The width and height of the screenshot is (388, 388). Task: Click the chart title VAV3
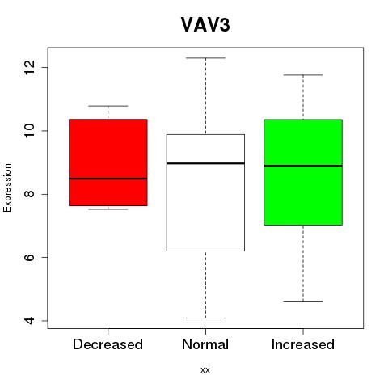click(205, 25)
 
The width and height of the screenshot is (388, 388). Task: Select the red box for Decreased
click(108, 162)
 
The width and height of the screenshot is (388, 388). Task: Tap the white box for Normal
click(205, 192)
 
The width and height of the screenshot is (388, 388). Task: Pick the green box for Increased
click(303, 172)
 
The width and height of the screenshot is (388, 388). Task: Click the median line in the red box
click(108, 179)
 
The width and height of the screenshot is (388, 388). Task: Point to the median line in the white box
click(205, 163)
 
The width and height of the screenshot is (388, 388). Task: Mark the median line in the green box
click(303, 166)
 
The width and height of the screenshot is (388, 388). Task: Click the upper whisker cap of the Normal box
click(205, 58)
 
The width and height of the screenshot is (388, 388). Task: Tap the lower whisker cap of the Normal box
click(205, 318)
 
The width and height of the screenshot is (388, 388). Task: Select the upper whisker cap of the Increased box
click(303, 75)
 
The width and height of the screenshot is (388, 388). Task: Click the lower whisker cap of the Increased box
click(303, 301)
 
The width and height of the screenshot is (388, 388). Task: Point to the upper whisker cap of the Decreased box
click(108, 106)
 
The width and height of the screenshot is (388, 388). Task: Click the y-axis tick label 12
click(29, 67)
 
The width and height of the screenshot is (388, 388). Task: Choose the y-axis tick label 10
click(29, 131)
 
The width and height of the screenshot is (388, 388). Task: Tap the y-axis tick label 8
click(29, 194)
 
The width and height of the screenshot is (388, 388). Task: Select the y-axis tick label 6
click(29, 257)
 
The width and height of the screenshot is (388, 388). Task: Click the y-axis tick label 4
click(29, 321)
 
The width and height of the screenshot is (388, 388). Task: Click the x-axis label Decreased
click(108, 344)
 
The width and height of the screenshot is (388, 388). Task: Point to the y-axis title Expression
click(7, 188)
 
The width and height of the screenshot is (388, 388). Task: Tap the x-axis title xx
click(205, 370)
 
